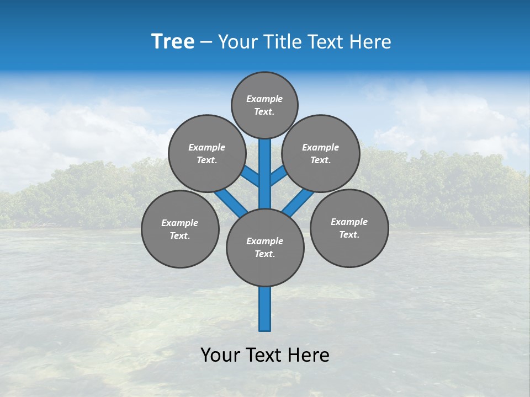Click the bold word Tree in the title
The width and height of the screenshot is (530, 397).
click(173, 42)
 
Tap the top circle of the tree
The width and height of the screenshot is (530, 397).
click(264, 105)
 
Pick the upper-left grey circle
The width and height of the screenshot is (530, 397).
click(206, 153)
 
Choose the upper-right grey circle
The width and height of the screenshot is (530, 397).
click(320, 153)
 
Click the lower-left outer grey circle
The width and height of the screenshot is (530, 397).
click(180, 229)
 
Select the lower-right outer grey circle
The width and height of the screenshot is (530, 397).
click(349, 228)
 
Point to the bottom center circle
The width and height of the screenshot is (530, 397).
click(265, 248)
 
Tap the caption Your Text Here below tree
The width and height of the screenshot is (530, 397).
click(265, 355)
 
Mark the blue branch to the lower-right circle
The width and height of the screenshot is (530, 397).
click(298, 202)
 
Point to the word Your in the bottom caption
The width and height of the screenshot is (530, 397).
click(220, 355)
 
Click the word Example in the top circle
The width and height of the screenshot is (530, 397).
click(264, 99)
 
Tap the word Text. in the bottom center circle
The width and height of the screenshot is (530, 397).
click(264, 254)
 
